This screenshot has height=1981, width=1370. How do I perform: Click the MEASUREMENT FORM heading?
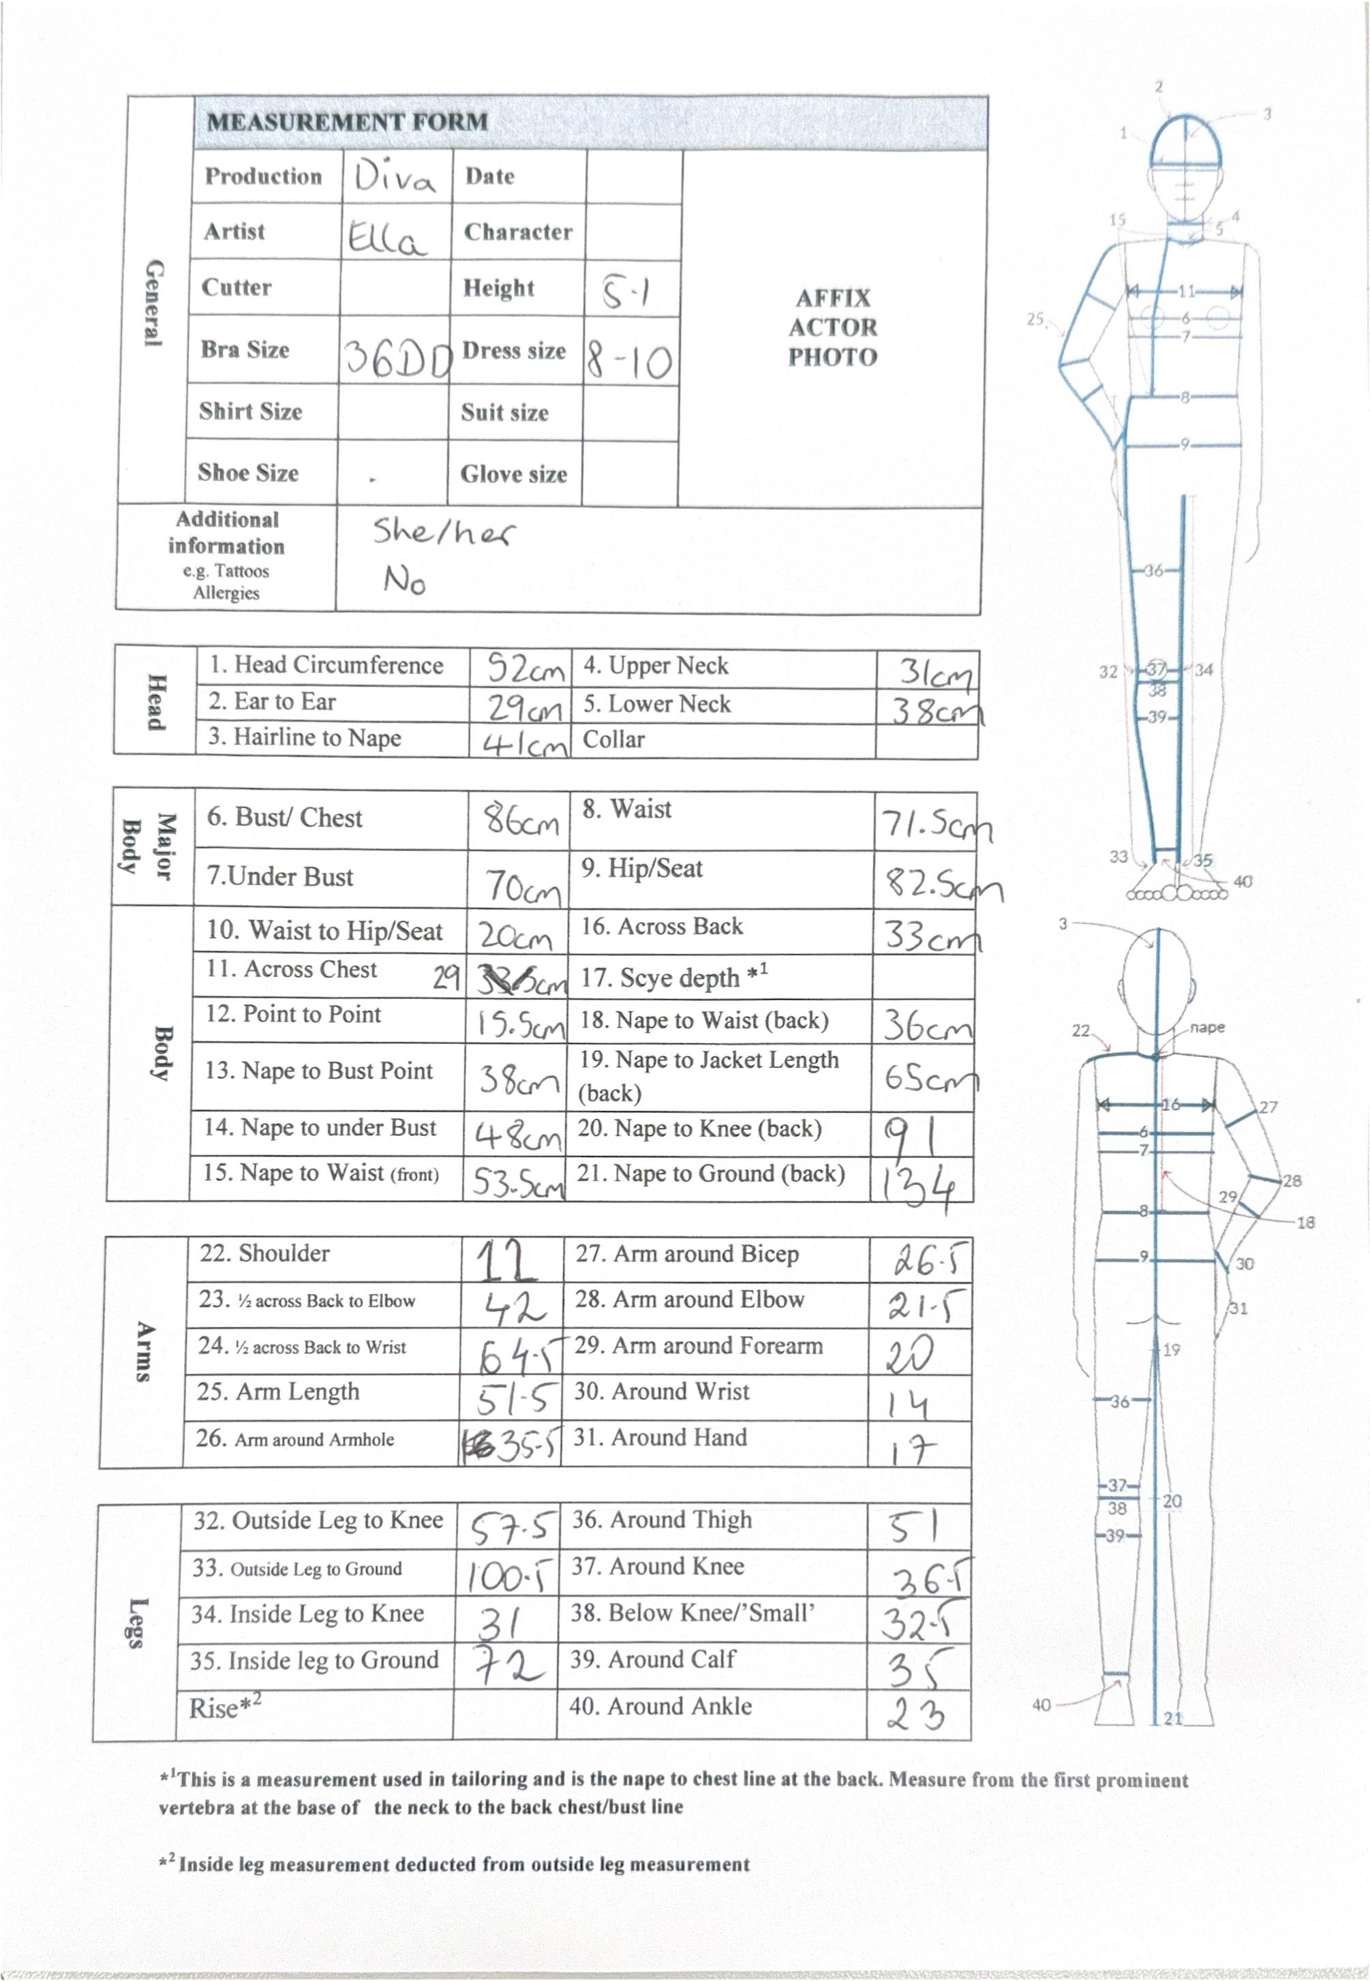coord(347,122)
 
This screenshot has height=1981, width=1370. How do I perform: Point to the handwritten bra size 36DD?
coord(397,358)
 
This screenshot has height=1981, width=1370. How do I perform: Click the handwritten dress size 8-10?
coord(629,360)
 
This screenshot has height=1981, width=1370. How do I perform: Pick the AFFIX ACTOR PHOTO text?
coord(833,328)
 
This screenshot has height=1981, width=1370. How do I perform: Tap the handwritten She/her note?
coord(443,533)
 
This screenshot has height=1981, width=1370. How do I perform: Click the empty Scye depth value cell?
coord(923,977)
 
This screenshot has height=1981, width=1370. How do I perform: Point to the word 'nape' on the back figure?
coord(1207,1028)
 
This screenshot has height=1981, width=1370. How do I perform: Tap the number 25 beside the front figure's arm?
coord(1035,320)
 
